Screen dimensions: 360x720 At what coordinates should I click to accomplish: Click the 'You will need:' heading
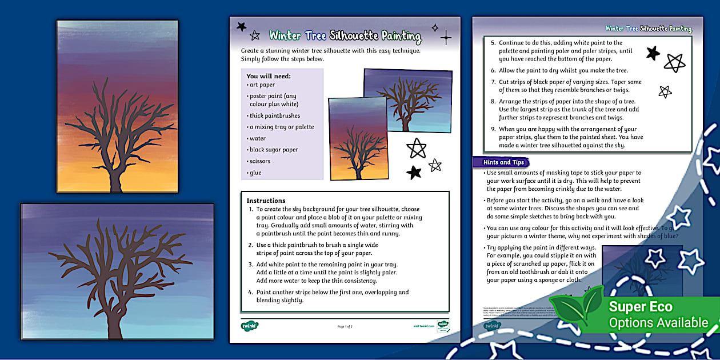pyautogui.click(x=269, y=76)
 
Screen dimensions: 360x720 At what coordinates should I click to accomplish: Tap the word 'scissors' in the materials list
pyautogui.click(x=260, y=161)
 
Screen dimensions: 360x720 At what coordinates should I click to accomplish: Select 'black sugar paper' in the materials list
pyautogui.click(x=274, y=150)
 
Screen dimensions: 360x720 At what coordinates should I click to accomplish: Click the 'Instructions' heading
pyautogui.click(x=266, y=201)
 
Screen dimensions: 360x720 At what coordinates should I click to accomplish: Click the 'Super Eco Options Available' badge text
pyautogui.click(x=657, y=314)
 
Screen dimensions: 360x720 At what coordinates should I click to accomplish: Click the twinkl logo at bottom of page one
pyautogui.click(x=250, y=326)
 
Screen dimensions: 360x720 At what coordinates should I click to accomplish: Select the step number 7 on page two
pyautogui.click(x=493, y=82)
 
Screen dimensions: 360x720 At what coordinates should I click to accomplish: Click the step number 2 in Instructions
pyautogui.click(x=250, y=245)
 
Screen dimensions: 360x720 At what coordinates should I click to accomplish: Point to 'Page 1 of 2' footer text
pyautogui.click(x=345, y=326)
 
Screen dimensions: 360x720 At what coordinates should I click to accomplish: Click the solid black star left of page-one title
pyautogui.click(x=241, y=26)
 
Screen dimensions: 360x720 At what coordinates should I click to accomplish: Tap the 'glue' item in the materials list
pyautogui.click(x=255, y=173)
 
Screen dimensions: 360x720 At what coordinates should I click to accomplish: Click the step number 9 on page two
pyautogui.click(x=493, y=129)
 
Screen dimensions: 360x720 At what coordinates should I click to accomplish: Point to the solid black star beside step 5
pyautogui.click(x=653, y=53)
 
